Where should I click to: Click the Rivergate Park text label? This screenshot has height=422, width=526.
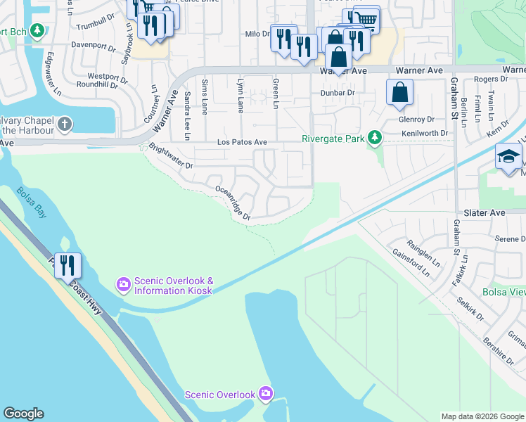tap(333, 139)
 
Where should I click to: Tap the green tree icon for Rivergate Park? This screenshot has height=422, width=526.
tap(376, 139)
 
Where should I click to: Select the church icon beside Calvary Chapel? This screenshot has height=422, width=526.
tap(65, 125)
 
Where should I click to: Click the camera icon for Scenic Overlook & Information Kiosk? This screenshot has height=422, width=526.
tap(124, 284)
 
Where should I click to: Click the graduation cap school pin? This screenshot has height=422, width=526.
tap(508, 158)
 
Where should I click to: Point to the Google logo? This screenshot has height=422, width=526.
tap(23, 414)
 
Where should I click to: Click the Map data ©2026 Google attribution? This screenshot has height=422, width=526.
tap(482, 416)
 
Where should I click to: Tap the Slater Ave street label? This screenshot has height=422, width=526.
tap(485, 212)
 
